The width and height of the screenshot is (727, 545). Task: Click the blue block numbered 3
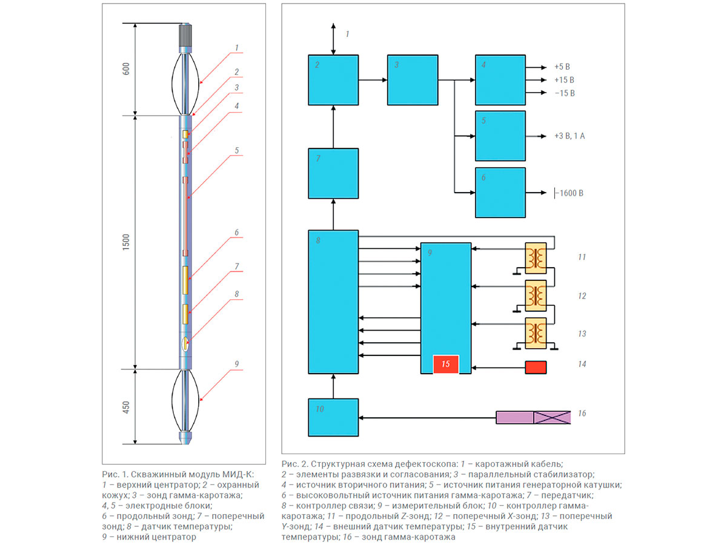click(x=413, y=80)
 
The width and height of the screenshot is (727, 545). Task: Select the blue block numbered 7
click(x=333, y=173)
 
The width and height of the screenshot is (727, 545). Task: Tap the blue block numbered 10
click(x=333, y=417)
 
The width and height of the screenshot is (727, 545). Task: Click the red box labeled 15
click(x=445, y=365)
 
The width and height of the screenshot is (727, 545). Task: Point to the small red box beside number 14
click(x=536, y=367)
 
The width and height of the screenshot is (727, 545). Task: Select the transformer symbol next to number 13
click(x=536, y=332)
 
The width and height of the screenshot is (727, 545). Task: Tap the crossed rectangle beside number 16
click(x=552, y=417)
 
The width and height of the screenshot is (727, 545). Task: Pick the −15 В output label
click(x=564, y=93)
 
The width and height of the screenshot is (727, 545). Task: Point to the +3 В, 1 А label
click(x=569, y=136)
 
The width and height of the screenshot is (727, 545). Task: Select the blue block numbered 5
click(x=500, y=136)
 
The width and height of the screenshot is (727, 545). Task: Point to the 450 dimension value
click(x=125, y=407)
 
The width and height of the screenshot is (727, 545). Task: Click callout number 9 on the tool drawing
click(x=237, y=363)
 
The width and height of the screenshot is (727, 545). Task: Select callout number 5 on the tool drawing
click(x=237, y=150)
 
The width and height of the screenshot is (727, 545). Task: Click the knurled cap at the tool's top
click(x=185, y=36)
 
